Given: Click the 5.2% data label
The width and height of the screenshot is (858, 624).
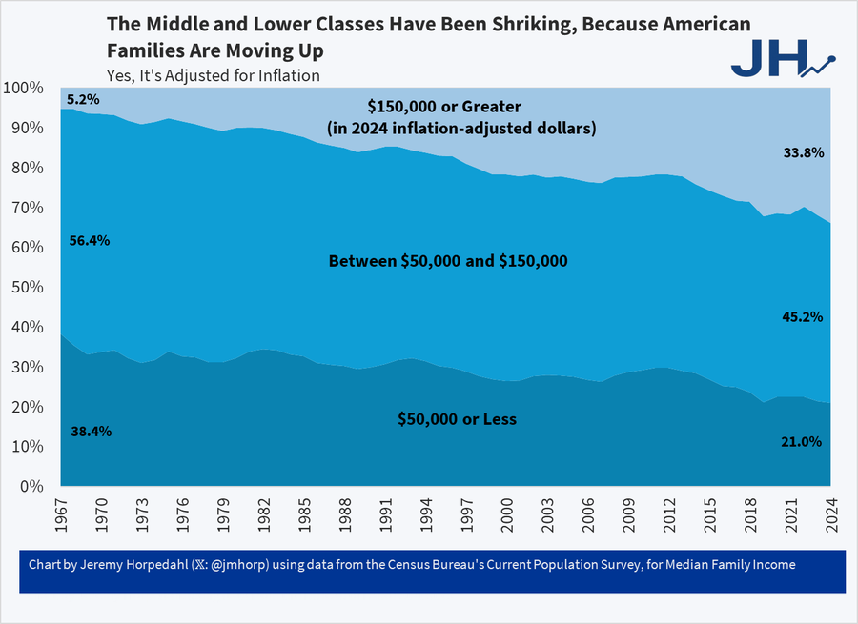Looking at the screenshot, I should click(83, 99).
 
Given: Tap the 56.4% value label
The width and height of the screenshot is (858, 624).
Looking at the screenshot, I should click(90, 241).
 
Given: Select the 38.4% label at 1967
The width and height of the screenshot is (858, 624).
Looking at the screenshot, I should click(92, 432).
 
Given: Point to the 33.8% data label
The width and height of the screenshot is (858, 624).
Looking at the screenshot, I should click(803, 151).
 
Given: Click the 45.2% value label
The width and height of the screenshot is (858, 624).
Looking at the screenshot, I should click(803, 316).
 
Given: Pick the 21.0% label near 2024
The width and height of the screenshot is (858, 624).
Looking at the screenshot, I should click(801, 442).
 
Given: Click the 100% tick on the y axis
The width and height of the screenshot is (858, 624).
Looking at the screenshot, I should click(22, 89).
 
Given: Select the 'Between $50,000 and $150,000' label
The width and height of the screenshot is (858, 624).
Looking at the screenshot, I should click(448, 260).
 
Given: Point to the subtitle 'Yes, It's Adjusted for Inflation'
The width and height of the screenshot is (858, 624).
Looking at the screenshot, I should click(213, 75).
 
